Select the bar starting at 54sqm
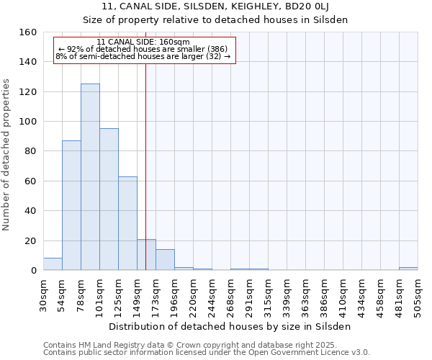(x=71, y=205)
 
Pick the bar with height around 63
(x=127, y=223)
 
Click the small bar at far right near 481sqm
(x=408, y=269)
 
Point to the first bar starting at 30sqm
(x=53, y=264)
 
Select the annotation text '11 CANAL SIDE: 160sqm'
(x=143, y=42)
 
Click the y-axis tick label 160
(x=27, y=32)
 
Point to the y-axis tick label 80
(x=30, y=151)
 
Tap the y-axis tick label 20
(x=30, y=240)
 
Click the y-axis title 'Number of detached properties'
(x=7, y=151)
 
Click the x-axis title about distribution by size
(x=230, y=326)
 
